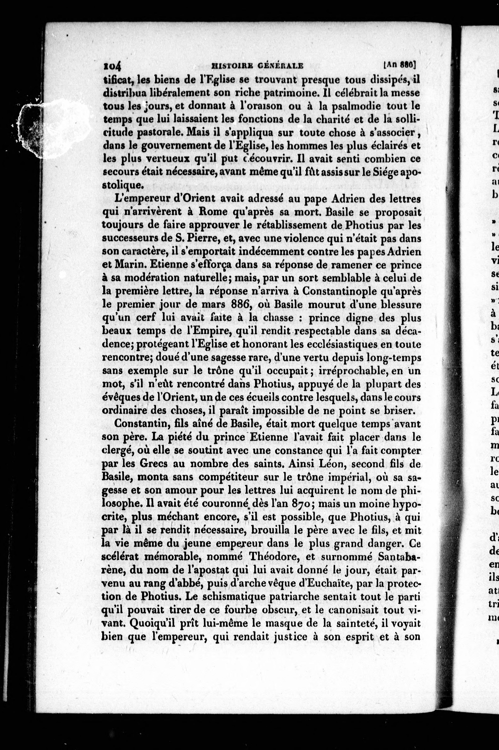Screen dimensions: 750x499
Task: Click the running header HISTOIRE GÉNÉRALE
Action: click(257, 66)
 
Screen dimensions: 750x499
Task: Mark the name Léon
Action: click(330, 464)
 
